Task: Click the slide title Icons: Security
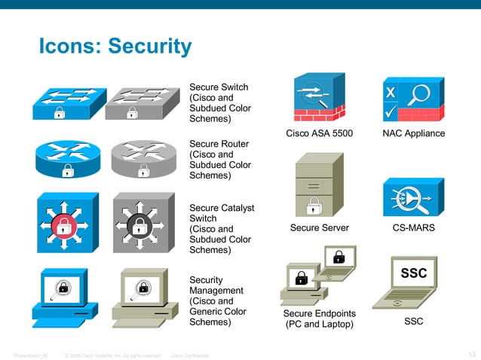(115, 47)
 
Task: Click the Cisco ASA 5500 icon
(319, 99)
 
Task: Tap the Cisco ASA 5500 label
(319, 134)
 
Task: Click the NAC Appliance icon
(413, 100)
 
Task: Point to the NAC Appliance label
(413, 134)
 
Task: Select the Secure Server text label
(319, 227)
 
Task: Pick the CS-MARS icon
(413, 198)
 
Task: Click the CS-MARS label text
(413, 227)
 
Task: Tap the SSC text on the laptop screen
(413, 273)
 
